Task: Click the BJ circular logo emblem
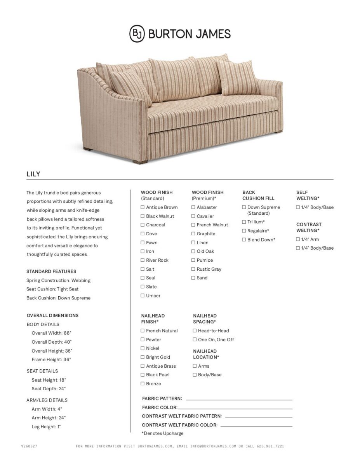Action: point(137,33)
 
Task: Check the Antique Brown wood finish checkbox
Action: point(143,207)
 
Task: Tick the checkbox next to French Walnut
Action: point(193,225)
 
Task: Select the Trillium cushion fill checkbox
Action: point(244,222)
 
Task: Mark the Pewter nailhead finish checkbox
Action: point(143,340)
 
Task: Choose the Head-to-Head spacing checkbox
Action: point(195,331)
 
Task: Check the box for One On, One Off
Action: point(195,340)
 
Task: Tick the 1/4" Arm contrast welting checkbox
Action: point(298,240)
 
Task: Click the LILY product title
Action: point(33,174)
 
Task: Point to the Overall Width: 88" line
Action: point(51,333)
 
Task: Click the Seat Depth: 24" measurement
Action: point(49,389)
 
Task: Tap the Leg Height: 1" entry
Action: point(46,427)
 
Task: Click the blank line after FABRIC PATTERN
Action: point(239,400)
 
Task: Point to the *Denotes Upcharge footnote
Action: point(162,433)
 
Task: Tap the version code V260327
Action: point(29,447)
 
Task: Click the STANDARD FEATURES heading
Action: point(51,271)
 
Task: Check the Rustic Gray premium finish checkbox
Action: point(193,269)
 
